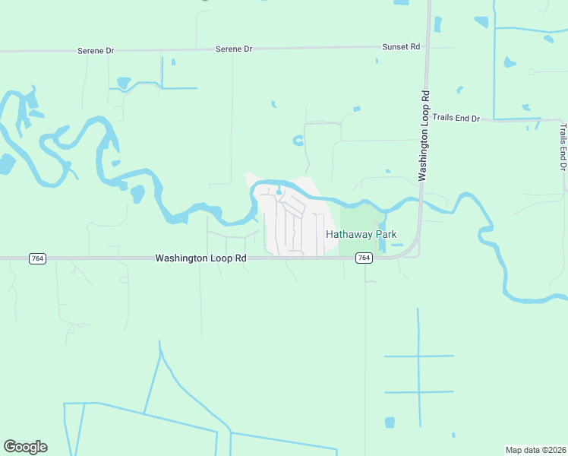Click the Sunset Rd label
click(x=400, y=46)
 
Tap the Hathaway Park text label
click(x=361, y=234)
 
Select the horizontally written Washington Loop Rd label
click(x=201, y=258)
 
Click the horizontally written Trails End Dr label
click(x=456, y=118)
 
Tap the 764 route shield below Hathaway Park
click(x=364, y=258)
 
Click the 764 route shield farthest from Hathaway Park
click(x=36, y=258)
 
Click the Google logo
click(x=25, y=447)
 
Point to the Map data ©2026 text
click(x=535, y=450)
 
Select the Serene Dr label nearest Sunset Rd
click(x=234, y=49)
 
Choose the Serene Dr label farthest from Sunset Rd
click(x=96, y=50)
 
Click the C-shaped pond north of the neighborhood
click(x=298, y=140)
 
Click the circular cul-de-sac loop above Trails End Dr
click(x=532, y=71)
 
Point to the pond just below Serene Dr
click(x=123, y=82)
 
